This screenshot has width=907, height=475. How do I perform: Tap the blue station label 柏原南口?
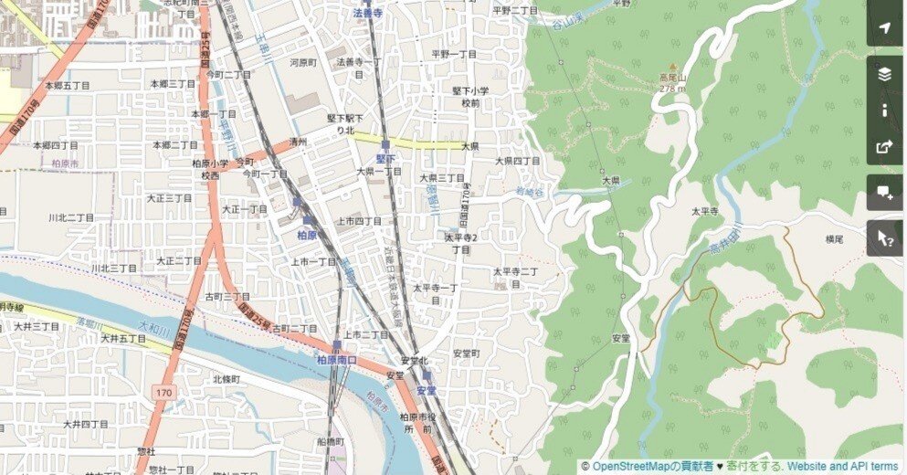point(336,361)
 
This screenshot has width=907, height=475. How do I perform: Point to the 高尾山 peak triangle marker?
point(673,67)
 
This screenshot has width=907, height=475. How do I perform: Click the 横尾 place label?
point(835,239)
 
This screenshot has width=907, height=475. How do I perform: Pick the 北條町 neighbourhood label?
point(226,378)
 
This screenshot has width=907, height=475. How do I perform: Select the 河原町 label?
point(302,63)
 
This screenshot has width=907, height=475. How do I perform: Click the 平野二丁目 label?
point(515,10)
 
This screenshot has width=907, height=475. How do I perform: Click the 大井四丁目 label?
point(86,425)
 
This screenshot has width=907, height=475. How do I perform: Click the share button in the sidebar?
point(884,146)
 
